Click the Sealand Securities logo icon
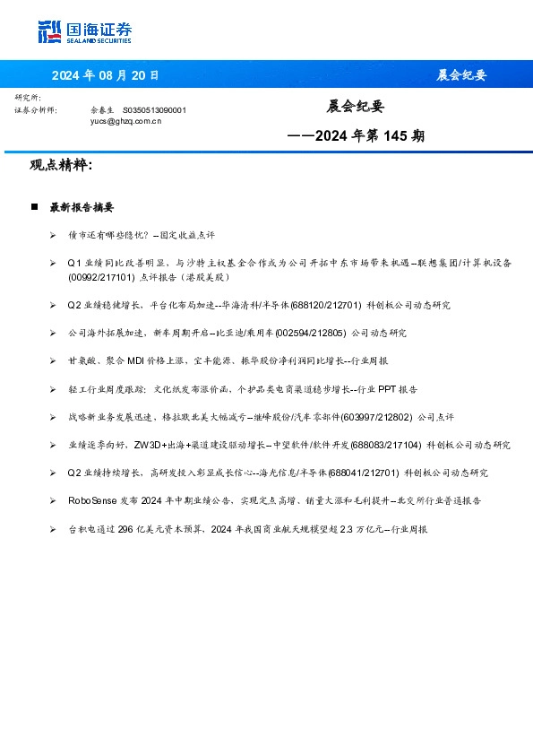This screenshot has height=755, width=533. click(x=50, y=33)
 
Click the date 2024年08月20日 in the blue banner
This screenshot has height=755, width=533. click(x=105, y=75)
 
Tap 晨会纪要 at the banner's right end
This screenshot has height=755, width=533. click(x=461, y=75)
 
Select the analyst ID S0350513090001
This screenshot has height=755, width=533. click(x=154, y=109)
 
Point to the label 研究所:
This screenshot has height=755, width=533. click(x=28, y=97)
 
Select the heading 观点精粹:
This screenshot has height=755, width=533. click(x=61, y=166)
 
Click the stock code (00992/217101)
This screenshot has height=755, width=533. click(x=104, y=277)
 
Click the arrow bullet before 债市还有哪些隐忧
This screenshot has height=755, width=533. click(x=54, y=235)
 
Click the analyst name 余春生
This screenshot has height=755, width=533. click(x=103, y=109)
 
